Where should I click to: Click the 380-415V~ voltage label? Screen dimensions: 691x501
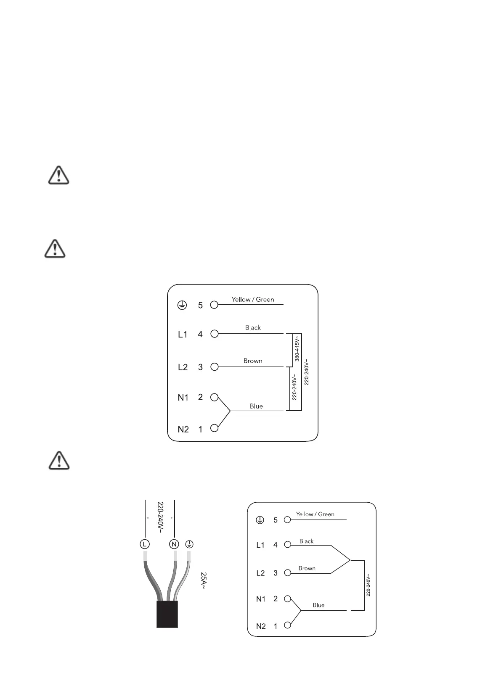pyautogui.click(x=297, y=348)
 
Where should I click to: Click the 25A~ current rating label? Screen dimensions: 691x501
pyautogui.click(x=204, y=580)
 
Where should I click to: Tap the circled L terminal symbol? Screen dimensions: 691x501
pyautogui.click(x=144, y=544)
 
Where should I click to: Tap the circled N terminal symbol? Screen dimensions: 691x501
pyautogui.click(x=174, y=544)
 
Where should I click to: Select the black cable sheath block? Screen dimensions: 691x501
pyautogui.click(x=167, y=614)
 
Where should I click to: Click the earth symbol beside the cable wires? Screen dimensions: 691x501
pyautogui.click(x=189, y=544)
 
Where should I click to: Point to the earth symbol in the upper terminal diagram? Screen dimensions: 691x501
pyautogui.click(x=182, y=305)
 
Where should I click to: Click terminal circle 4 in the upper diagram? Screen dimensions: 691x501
pyautogui.click(x=215, y=334)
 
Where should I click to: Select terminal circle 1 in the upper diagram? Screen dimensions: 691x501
pyautogui.click(x=215, y=428)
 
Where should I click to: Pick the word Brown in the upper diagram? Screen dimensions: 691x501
pyautogui.click(x=253, y=361)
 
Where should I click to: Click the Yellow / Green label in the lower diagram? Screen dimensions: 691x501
pyautogui.click(x=315, y=514)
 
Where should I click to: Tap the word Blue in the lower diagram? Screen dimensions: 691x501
pyautogui.click(x=318, y=605)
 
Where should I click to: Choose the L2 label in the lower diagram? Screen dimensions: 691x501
pyautogui.click(x=261, y=573)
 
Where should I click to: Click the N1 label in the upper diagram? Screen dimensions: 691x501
pyautogui.click(x=183, y=398)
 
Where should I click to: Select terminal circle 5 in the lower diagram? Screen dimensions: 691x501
pyautogui.click(x=288, y=520)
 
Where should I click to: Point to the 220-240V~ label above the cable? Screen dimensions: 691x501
pyautogui.click(x=160, y=517)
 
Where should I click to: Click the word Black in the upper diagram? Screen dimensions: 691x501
pyautogui.click(x=253, y=328)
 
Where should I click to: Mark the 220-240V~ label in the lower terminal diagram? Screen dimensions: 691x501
pyautogui.click(x=368, y=585)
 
